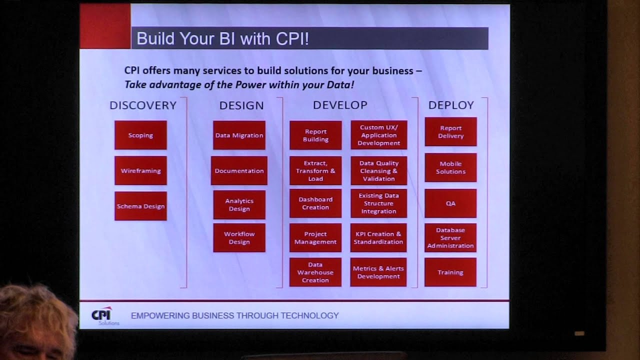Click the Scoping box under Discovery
140,135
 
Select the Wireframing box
140,170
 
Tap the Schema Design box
140,206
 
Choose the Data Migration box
239,135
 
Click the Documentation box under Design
239,170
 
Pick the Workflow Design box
239,237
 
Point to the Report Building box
315,135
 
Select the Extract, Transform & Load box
315,170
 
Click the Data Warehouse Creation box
315,272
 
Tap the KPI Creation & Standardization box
378,237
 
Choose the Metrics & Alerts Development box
378,272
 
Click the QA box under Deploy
450,203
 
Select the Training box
450,272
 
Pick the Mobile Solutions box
450,167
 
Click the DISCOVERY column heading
143,105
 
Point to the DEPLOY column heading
451,105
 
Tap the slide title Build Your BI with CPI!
222,38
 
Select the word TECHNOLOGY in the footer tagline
309,315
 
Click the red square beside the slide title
105,26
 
